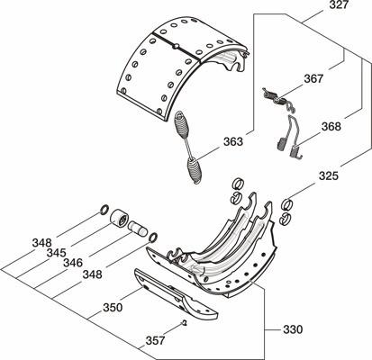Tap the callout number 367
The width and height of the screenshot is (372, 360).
point(313,79)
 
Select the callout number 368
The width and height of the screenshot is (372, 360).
point(331,127)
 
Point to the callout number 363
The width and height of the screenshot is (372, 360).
point(233,141)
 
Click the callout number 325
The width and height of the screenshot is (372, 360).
point(329,175)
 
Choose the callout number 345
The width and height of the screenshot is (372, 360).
point(56,253)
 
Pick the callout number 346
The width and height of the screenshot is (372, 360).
point(73,263)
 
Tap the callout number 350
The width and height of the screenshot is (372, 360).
point(113,308)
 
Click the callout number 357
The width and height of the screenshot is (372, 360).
point(155,341)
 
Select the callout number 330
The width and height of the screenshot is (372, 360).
point(293,329)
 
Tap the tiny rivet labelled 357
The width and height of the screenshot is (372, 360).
point(185,323)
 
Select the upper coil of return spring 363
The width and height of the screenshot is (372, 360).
point(183,124)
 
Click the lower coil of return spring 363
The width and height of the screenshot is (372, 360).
point(195,170)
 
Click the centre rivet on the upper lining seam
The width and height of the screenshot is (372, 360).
point(176,46)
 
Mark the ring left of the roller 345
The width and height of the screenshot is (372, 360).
point(104,210)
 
